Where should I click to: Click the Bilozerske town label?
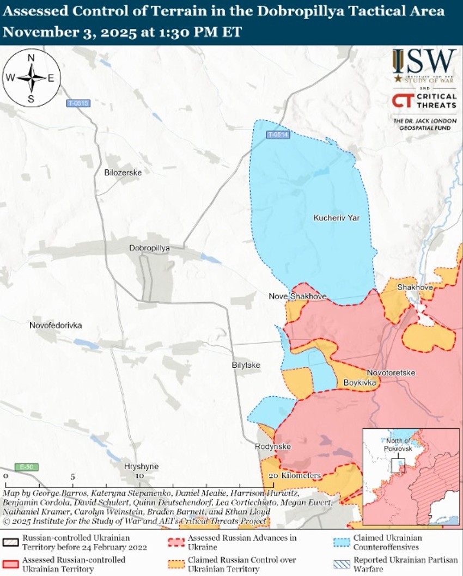(123, 173)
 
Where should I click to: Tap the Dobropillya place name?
(149, 248)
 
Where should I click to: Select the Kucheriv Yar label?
(337, 218)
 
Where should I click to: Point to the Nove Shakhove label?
(297, 296)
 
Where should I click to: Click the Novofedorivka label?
(56, 325)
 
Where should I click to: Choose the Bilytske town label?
(246, 365)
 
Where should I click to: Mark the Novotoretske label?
(391, 373)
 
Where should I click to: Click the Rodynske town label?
(273, 447)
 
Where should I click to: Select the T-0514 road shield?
(277, 134)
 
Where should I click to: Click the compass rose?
(31, 78)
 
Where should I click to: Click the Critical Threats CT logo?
(402, 101)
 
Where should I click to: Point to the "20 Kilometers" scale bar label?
(295, 476)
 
